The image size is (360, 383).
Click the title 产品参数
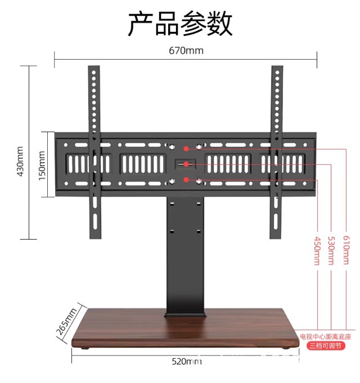[x=179, y=24]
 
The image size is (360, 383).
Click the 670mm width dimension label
[x=186, y=51]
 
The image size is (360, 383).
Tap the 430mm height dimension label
[x=21, y=161]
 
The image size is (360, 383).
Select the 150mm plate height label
[x=42, y=165]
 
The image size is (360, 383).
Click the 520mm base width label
[x=186, y=361]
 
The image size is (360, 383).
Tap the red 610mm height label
[x=346, y=251]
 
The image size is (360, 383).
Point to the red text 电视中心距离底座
[x=325, y=336]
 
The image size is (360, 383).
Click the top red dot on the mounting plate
[x=186, y=148]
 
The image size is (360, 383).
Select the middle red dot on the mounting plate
[x=186, y=165]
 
